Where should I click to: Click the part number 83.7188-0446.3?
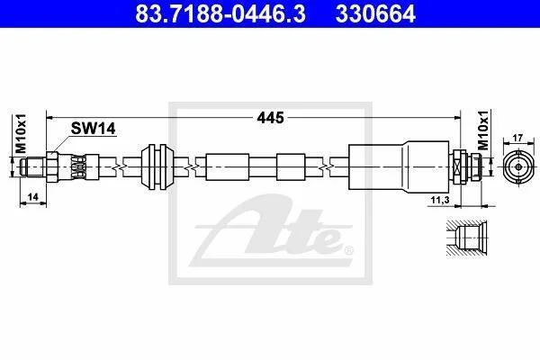pyautogui.click(x=220, y=14)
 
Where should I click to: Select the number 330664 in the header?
pyautogui.click(x=375, y=14)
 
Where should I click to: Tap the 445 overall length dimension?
pyautogui.click(x=270, y=118)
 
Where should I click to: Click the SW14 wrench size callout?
pyautogui.click(x=93, y=129)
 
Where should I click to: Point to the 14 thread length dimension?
pyautogui.click(x=32, y=197)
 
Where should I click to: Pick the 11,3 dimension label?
pyautogui.click(x=440, y=200)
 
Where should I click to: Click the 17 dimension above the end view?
pyautogui.click(x=517, y=138)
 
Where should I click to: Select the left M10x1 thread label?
pyautogui.click(x=21, y=133)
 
